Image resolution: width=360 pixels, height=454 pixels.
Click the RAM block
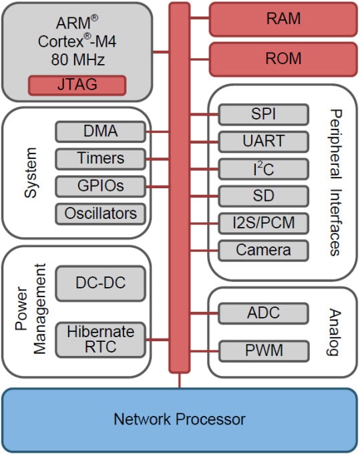click(x=283, y=19)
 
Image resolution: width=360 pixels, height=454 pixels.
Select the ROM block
click(x=283, y=59)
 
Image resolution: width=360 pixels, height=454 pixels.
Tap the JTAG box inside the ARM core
click(x=77, y=85)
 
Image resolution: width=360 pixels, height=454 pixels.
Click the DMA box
click(x=100, y=132)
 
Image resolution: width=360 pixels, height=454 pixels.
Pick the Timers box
click(x=100, y=159)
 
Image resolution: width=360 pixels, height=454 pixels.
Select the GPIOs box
click(x=100, y=186)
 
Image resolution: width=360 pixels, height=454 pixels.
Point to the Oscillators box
click(x=100, y=214)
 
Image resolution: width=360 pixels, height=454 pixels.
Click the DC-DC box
click(x=100, y=283)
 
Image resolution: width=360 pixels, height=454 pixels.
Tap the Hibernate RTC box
click(x=100, y=339)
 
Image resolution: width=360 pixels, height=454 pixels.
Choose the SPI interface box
click(x=263, y=114)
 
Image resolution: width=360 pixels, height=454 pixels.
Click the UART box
click(x=263, y=142)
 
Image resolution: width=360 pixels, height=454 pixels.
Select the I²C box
click(x=263, y=169)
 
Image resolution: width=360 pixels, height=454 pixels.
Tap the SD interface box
click(x=263, y=196)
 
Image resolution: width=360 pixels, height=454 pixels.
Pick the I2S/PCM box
click(x=263, y=224)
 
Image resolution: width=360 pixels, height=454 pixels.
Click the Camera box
click(x=263, y=251)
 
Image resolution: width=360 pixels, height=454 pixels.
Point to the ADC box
click(x=263, y=312)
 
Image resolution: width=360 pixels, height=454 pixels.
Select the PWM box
click(x=263, y=350)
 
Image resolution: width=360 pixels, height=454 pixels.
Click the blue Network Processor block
click(x=179, y=420)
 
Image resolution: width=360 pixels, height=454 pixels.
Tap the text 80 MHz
click(x=77, y=59)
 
